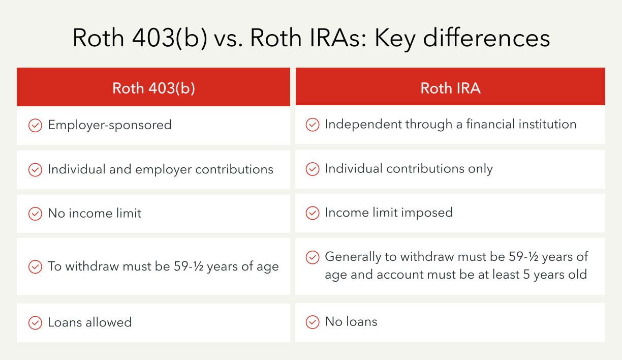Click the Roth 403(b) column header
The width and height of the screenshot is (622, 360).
pos(153,88)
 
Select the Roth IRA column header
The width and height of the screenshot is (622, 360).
pos(450,88)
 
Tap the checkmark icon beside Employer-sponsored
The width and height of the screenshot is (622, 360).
pos(35,125)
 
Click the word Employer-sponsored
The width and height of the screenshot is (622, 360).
pos(110,125)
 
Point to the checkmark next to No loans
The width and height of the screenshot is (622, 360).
pos(313,322)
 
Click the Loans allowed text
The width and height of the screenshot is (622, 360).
pos(89,322)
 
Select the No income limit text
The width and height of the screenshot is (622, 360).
pos(95,213)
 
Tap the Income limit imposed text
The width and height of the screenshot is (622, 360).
pos(389,213)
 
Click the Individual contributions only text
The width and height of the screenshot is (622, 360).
pos(409,169)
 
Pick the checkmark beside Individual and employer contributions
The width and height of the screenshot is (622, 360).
pos(35,170)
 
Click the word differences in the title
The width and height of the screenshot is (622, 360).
pos(486,38)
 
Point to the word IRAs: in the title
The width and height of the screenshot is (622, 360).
pos(339,38)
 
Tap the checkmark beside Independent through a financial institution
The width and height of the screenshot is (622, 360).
pos(313,125)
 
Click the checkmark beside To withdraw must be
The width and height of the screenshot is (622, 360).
pos(35,266)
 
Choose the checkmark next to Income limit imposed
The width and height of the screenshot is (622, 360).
pos(313,213)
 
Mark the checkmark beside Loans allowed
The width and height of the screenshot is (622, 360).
pos(35,323)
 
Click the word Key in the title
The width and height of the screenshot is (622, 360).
pos(395,39)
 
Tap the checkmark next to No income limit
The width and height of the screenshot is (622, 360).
pos(35,214)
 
